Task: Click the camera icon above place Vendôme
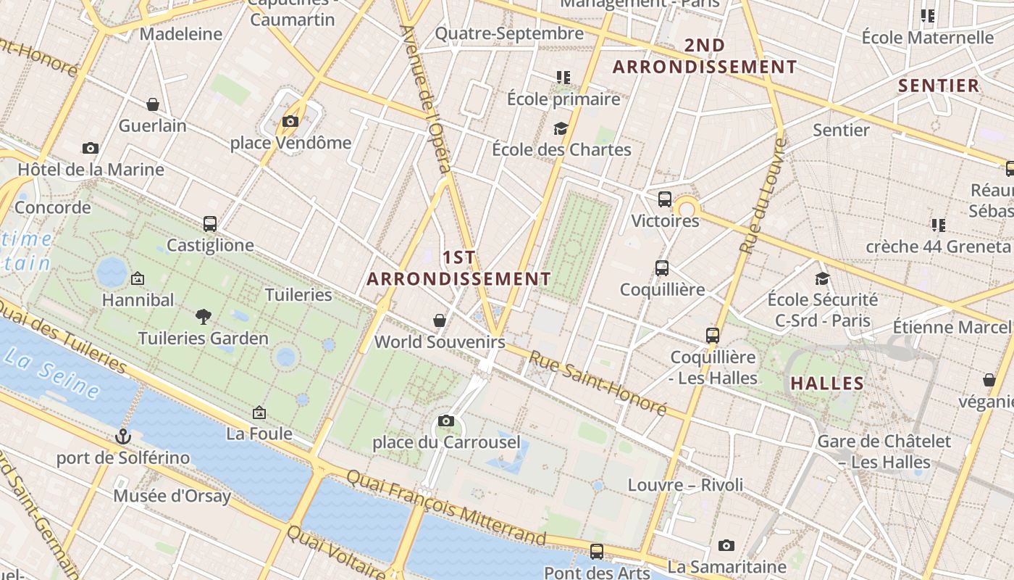[290, 121]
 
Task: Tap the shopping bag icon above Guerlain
[153, 104]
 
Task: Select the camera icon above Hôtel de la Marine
[91, 148]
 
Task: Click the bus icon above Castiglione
[210, 224]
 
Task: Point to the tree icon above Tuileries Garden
[204, 316]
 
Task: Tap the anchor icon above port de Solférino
[123, 436]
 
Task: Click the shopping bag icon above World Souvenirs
[440, 320]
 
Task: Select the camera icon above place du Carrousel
[446, 420]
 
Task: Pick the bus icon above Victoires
[665, 199]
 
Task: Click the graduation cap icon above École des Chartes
[561, 128]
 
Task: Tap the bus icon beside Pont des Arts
[597, 552]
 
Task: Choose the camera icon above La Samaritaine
[726, 545]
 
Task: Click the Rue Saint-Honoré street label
[597, 383]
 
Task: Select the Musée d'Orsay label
[172, 497]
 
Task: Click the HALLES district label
[827, 383]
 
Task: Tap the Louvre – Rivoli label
[685, 484]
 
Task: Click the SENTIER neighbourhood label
[939, 86]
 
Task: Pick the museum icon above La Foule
[259, 413]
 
